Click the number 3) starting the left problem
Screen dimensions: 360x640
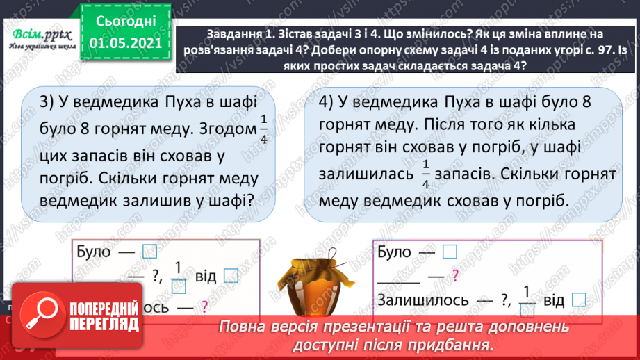47,101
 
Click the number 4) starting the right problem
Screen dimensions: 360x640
329,101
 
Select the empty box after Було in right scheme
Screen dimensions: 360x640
450,252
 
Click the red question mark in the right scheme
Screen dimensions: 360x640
455,276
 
